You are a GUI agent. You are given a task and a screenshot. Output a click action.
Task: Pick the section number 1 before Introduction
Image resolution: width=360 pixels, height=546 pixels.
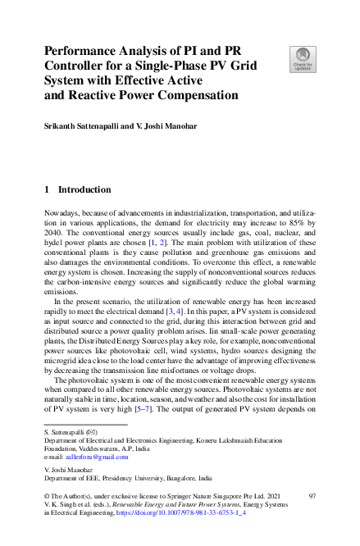[x=47, y=189]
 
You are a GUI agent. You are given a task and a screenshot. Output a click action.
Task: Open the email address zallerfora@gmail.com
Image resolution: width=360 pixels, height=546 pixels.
[x=93, y=457]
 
